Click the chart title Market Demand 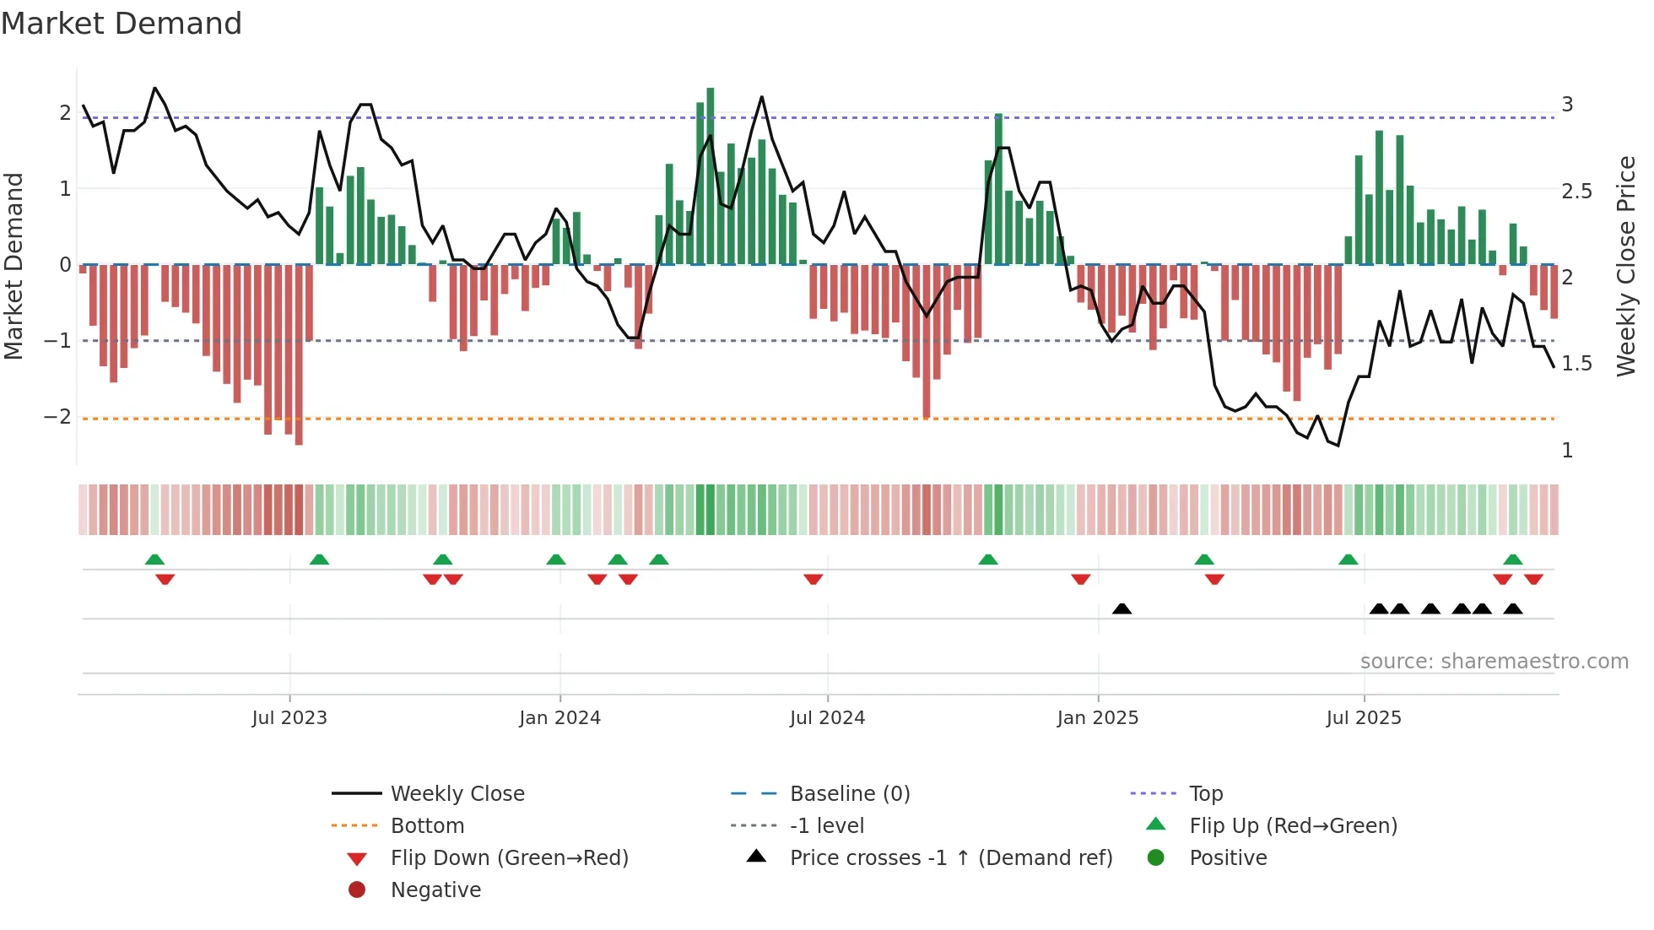click(122, 24)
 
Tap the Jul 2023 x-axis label click(289, 718)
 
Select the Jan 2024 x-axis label click(559, 718)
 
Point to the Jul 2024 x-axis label click(827, 718)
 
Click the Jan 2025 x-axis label click(1097, 718)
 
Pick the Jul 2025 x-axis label click(1364, 718)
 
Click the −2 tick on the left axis click(57, 417)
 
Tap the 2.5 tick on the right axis click(1576, 192)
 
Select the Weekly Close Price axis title click(1626, 266)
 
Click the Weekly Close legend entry click(457, 794)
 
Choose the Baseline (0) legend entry click(849, 794)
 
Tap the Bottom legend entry click(427, 826)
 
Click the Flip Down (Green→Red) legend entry click(509, 858)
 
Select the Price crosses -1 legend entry click(950, 858)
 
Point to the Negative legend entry click(435, 890)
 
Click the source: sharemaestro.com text click(1494, 662)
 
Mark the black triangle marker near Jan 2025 click(1122, 608)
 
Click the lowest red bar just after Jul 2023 click(299, 354)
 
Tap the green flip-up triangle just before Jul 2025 click(1349, 560)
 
